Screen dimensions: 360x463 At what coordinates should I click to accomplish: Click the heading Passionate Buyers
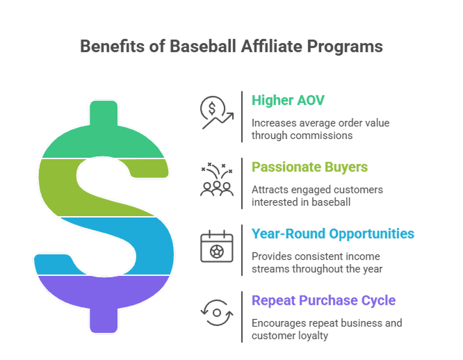309,167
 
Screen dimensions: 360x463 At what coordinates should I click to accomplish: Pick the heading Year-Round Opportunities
333,234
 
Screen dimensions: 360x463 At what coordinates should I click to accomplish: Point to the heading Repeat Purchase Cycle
323,301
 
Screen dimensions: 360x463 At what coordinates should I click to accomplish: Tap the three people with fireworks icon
216,180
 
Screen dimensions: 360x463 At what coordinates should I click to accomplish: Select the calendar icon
216,247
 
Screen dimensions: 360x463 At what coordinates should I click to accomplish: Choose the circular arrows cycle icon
216,313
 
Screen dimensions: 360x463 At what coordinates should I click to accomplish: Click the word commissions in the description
325,136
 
